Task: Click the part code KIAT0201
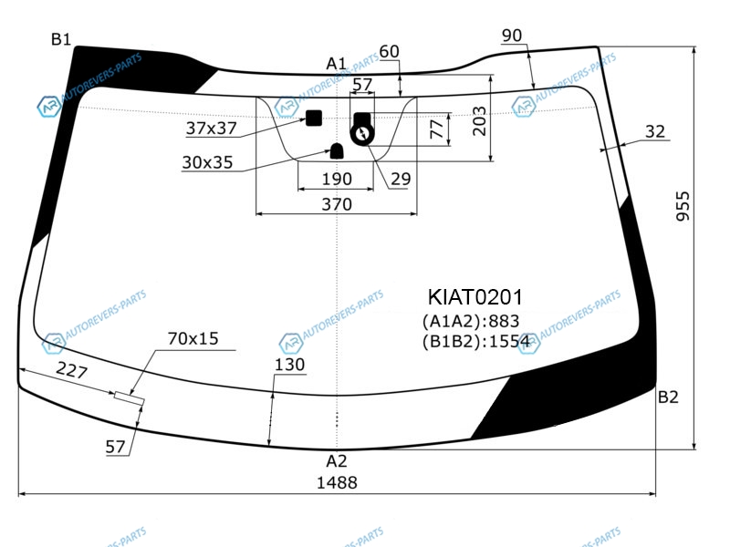(474, 297)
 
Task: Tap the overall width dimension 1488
(337, 483)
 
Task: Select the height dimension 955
(683, 206)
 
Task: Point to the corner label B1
(61, 39)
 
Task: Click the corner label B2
(668, 397)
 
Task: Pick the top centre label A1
(336, 63)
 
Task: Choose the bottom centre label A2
(336, 461)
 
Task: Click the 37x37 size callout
(212, 129)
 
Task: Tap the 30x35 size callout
(207, 162)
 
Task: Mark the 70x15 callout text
(193, 338)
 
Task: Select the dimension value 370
(337, 204)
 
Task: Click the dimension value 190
(337, 179)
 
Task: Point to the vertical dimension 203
(479, 121)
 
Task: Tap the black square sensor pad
(314, 119)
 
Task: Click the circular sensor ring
(362, 135)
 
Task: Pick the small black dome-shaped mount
(337, 151)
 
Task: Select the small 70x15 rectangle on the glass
(130, 398)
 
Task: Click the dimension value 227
(72, 371)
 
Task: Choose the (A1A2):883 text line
(471, 321)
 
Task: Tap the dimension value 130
(289, 364)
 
